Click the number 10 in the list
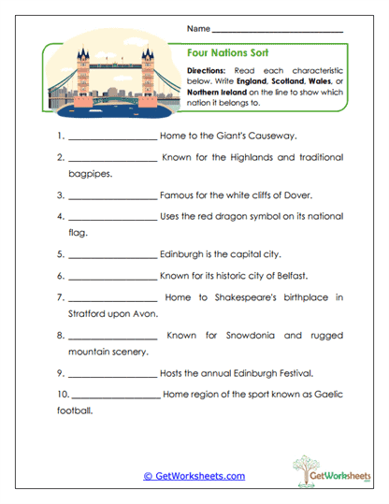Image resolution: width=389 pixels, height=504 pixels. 61,394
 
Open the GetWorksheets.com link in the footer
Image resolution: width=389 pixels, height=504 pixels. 194,476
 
